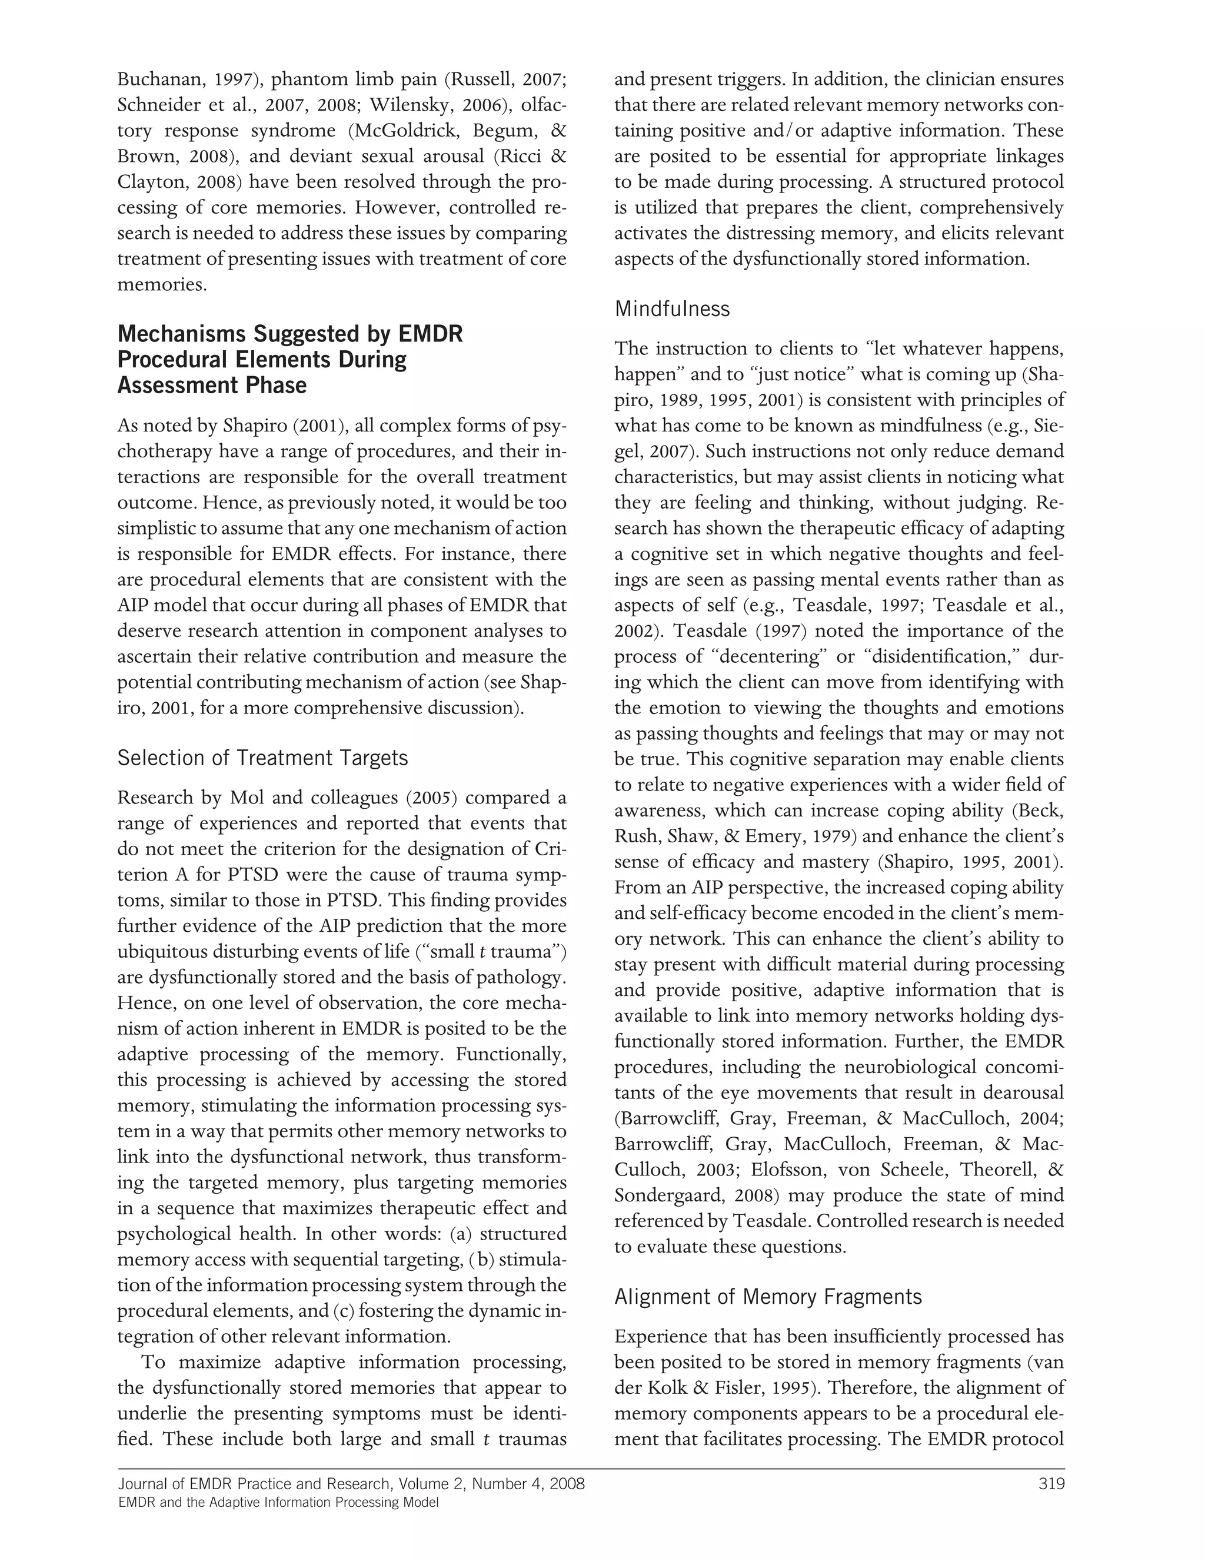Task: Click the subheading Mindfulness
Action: tap(671, 309)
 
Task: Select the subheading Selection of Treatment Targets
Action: tap(262, 758)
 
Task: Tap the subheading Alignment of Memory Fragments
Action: tap(768, 1297)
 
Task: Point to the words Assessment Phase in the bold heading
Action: tap(211, 385)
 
